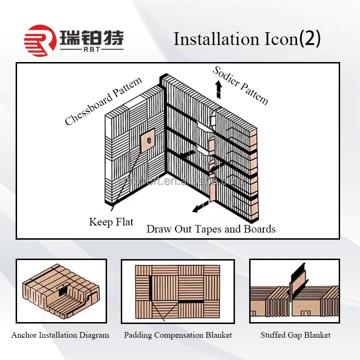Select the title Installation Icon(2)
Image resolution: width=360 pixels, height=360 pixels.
tap(247, 39)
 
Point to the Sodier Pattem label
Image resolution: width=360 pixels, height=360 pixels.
tap(241, 85)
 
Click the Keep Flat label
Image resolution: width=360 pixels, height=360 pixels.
tap(111, 222)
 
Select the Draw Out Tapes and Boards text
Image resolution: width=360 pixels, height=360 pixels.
tap(211, 229)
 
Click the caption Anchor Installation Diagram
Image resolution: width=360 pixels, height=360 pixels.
tap(60, 335)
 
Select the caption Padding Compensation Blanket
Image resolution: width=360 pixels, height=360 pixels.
tap(178, 335)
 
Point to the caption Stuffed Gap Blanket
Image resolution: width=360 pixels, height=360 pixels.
tap(296, 335)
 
